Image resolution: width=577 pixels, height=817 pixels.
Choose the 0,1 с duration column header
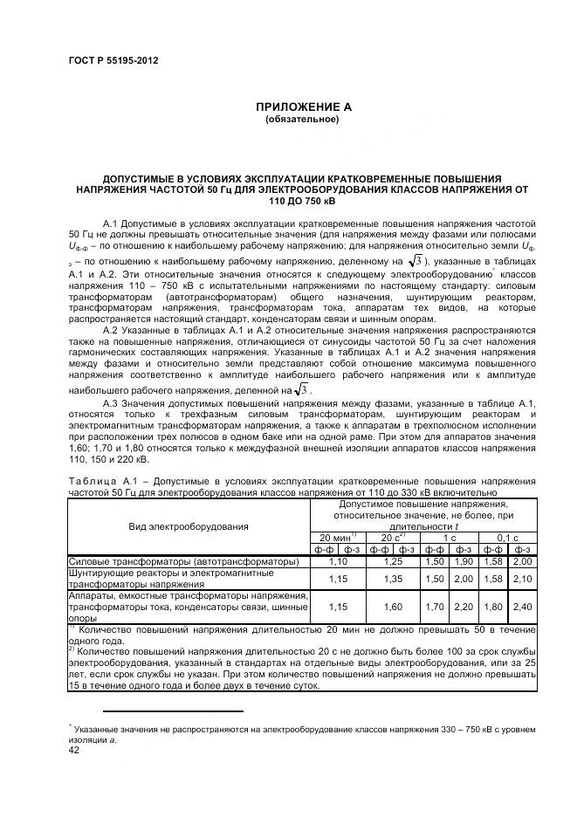(507, 538)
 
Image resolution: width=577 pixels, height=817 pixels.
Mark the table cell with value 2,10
(523, 578)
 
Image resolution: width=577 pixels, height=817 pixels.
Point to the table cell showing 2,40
(523, 606)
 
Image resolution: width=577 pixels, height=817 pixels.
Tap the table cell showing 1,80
(493, 606)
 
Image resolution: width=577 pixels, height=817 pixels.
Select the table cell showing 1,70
(435, 606)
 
